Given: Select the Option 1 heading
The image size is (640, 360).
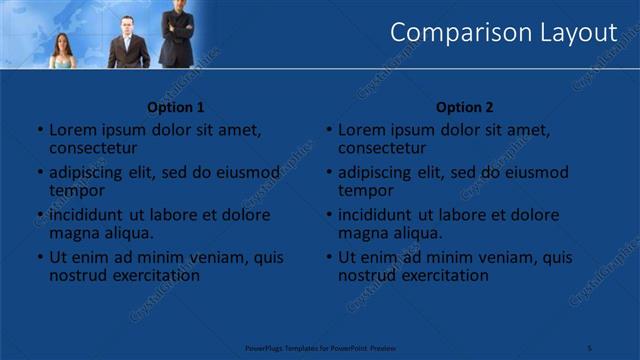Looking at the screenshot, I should pyautogui.click(x=176, y=107).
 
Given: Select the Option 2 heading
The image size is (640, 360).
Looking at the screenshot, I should pyautogui.click(x=465, y=107).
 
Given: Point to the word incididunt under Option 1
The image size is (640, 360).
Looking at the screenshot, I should pyautogui.click(x=87, y=215).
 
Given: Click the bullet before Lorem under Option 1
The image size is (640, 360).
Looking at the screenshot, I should pyautogui.click(x=40, y=130).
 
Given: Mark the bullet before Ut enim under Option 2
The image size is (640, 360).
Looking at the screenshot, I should pyautogui.click(x=329, y=257).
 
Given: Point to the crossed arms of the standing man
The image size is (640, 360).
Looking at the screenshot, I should pyautogui.click(x=177, y=23).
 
